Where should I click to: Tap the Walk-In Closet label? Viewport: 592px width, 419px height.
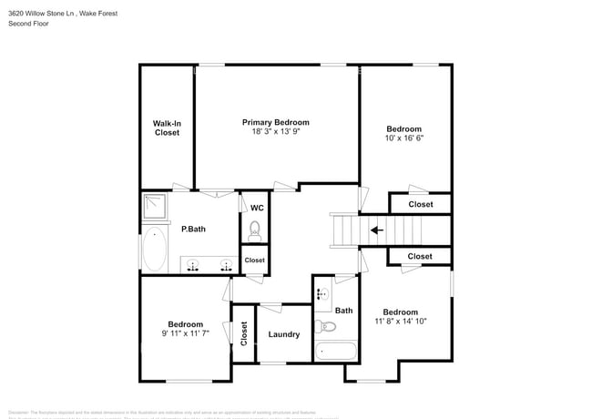166,127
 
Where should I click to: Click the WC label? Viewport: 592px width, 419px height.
256,208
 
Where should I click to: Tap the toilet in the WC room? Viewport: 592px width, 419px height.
256,231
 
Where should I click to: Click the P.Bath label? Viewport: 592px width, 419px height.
192,229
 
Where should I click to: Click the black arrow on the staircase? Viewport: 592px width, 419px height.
375,230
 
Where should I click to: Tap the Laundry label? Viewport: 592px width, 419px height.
284,334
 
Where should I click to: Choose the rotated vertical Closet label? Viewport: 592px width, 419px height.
243,334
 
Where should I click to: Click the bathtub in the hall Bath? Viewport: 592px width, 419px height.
338,352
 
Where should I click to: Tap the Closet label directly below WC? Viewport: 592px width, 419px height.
255,261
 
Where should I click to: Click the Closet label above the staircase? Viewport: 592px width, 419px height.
420,205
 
